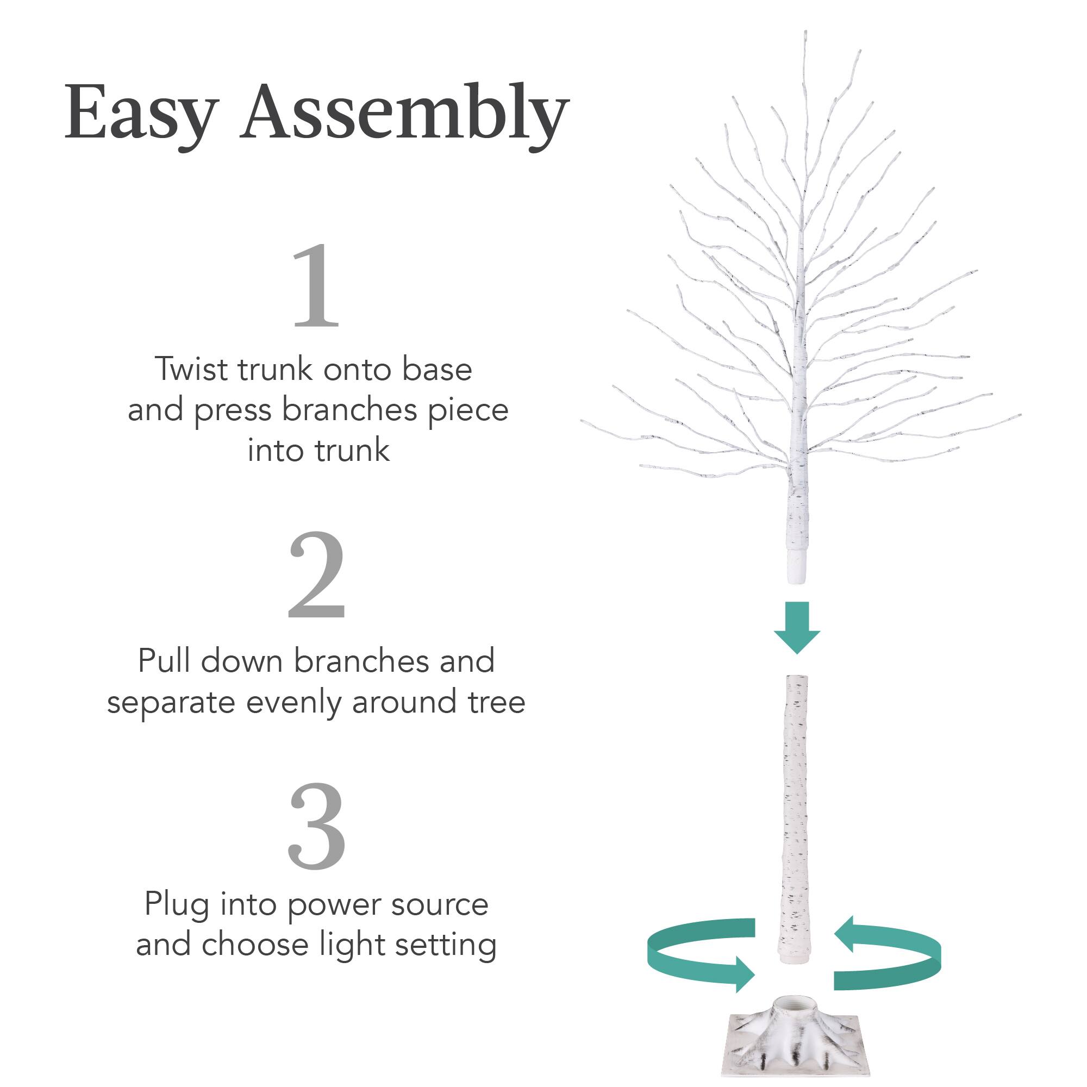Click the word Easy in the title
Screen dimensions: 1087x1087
(x=141, y=113)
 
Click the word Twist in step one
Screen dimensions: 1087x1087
(x=191, y=370)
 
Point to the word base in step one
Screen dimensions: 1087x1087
(x=436, y=370)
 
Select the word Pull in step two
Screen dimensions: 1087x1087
(x=164, y=660)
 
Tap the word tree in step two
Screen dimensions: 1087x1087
(x=496, y=702)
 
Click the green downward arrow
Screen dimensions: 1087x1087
(x=797, y=627)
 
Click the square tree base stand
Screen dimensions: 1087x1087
(x=797, y=1044)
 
